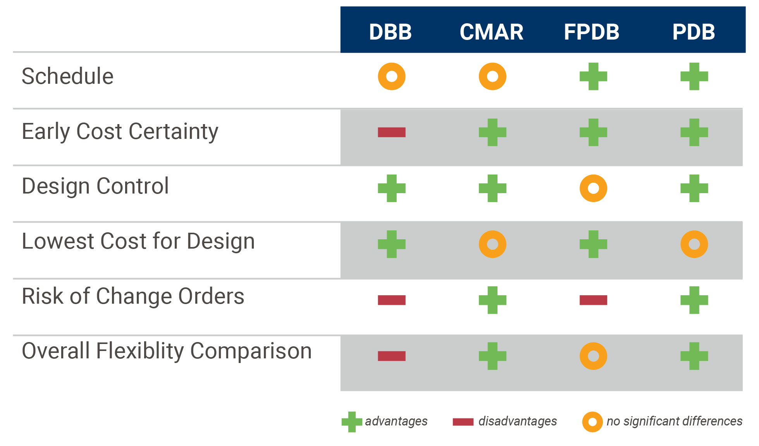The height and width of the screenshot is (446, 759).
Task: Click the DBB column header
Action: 390,32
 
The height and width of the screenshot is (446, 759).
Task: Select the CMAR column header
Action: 491,32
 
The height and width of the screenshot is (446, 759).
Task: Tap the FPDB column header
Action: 592,32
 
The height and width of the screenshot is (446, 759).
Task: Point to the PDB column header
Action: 694,32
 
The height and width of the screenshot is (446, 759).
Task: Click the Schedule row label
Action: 67,76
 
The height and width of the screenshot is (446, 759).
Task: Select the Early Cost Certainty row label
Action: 120,131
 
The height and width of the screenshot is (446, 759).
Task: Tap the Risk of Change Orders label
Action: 133,296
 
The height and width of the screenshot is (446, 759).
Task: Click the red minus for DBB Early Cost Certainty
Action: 392,132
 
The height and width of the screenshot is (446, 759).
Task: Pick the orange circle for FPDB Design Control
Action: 593,188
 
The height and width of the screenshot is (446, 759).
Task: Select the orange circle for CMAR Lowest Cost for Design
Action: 492,244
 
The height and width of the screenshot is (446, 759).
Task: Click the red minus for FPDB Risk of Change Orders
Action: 593,300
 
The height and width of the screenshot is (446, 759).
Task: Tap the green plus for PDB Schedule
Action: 694,76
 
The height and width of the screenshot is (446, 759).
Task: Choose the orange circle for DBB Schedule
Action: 392,76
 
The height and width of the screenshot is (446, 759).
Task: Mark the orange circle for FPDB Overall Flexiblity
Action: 593,356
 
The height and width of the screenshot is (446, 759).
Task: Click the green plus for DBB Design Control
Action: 392,188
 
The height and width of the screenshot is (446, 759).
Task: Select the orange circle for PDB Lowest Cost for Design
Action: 694,244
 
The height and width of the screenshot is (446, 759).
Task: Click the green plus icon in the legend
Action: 352,422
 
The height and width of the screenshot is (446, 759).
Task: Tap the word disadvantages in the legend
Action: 518,421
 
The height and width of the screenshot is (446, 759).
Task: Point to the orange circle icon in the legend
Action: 592,422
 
